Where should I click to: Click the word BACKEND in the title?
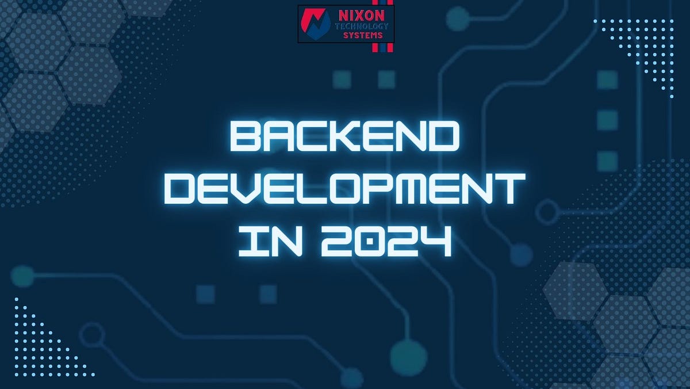pyautogui.click(x=345, y=137)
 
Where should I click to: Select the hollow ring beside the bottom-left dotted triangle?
pyautogui.click(x=92, y=333)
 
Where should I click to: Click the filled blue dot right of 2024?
pyautogui.click(x=521, y=254)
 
